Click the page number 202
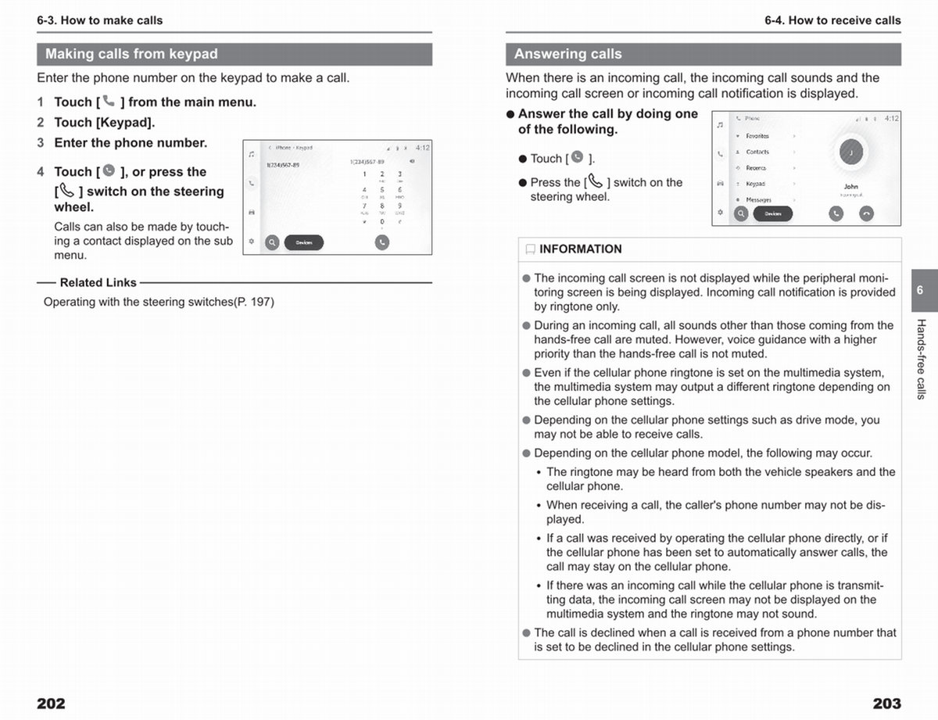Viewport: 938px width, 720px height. pyautogui.click(x=51, y=704)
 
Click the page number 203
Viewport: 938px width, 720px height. pyautogui.click(x=886, y=704)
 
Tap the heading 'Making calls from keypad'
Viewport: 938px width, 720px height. pyautogui.click(x=131, y=54)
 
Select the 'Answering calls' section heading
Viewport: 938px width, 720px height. pyautogui.click(x=568, y=54)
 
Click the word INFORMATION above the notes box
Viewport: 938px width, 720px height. pyautogui.click(x=580, y=249)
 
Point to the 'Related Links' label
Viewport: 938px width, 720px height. pyautogui.click(x=98, y=283)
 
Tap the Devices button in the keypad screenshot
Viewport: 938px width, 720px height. pyautogui.click(x=304, y=242)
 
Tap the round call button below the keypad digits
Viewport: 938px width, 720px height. pyautogui.click(x=381, y=242)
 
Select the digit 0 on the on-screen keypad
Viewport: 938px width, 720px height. pyautogui.click(x=382, y=222)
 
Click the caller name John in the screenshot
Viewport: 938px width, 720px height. pyautogui.click(x=850, y=187)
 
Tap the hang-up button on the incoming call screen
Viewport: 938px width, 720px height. pyautogui.click(x=866, y=213)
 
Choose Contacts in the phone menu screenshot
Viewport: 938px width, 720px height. pyautogui.click(x=757, y=152)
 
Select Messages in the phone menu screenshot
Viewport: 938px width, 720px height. pyautogui.click(x=758, y=200)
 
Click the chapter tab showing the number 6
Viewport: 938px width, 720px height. pyautogui.click(x=920, y=290)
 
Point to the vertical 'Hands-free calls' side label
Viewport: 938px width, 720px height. pyautogui.click(x=921, y=360)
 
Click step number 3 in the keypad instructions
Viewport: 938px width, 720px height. pyautogui.click(x=41, y=143)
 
